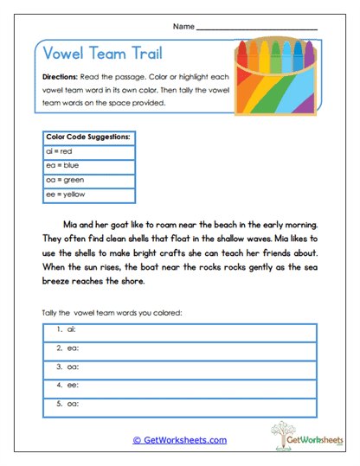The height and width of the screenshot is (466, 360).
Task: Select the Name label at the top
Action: click(183, 27)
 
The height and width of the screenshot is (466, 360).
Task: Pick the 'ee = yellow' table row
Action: click(64, 195)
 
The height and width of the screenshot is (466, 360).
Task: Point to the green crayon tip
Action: click(278, 43)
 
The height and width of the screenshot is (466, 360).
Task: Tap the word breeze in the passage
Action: click(58, 283)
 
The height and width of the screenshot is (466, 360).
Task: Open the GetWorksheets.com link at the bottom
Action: click(179, 439)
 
